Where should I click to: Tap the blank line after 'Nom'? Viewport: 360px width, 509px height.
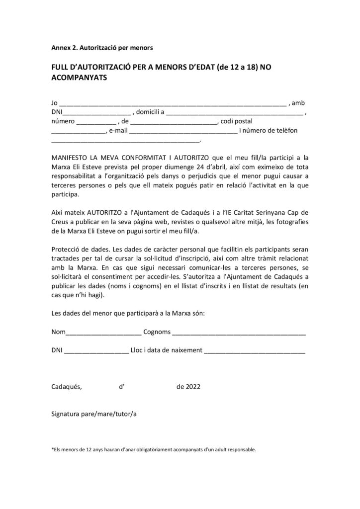coord(103,332)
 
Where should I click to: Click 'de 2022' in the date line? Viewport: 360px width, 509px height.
coord(188,387)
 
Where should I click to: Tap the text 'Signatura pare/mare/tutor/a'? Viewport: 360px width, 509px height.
coord(94,414)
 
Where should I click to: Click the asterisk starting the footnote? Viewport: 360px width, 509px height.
coord(53,450)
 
